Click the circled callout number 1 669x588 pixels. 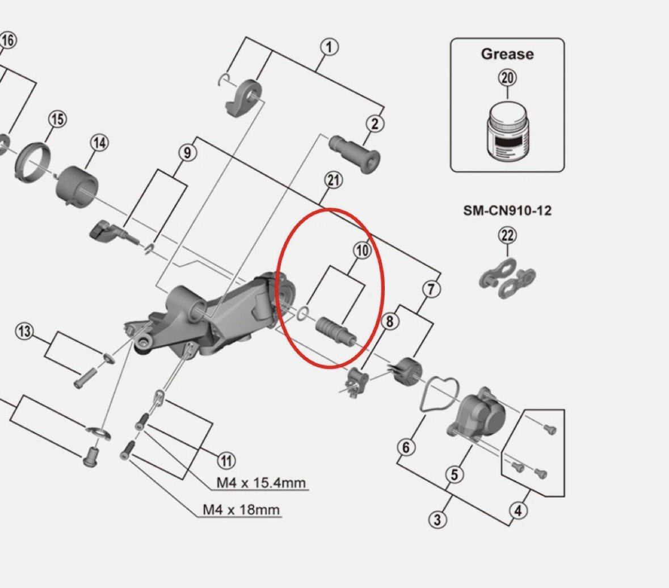(x=329, y=47)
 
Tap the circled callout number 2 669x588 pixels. (x=375, y=123)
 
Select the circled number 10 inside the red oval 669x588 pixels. (x=362, y=250)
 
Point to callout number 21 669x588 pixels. (x=334, y=180)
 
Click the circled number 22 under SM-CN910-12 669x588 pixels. (x=507, y=234)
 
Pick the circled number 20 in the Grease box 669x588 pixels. (x=507, y=77)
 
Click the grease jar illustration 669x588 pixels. (x=508, y=134)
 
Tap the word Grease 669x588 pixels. (x=507, y=54)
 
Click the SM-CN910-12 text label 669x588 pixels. (x=507, y=211)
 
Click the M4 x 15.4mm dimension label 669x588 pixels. (x=261, y=484)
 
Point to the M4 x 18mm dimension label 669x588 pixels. (x=241, y=510)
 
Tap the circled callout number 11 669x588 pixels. (x=226, y=460)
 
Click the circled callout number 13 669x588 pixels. (x=24, y=331)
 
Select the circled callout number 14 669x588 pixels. (x=99, y=143)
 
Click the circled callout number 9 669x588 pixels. (x=187, y=153)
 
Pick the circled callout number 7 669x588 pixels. (x=431, y=289)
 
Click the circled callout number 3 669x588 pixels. (x=436, y=519)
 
